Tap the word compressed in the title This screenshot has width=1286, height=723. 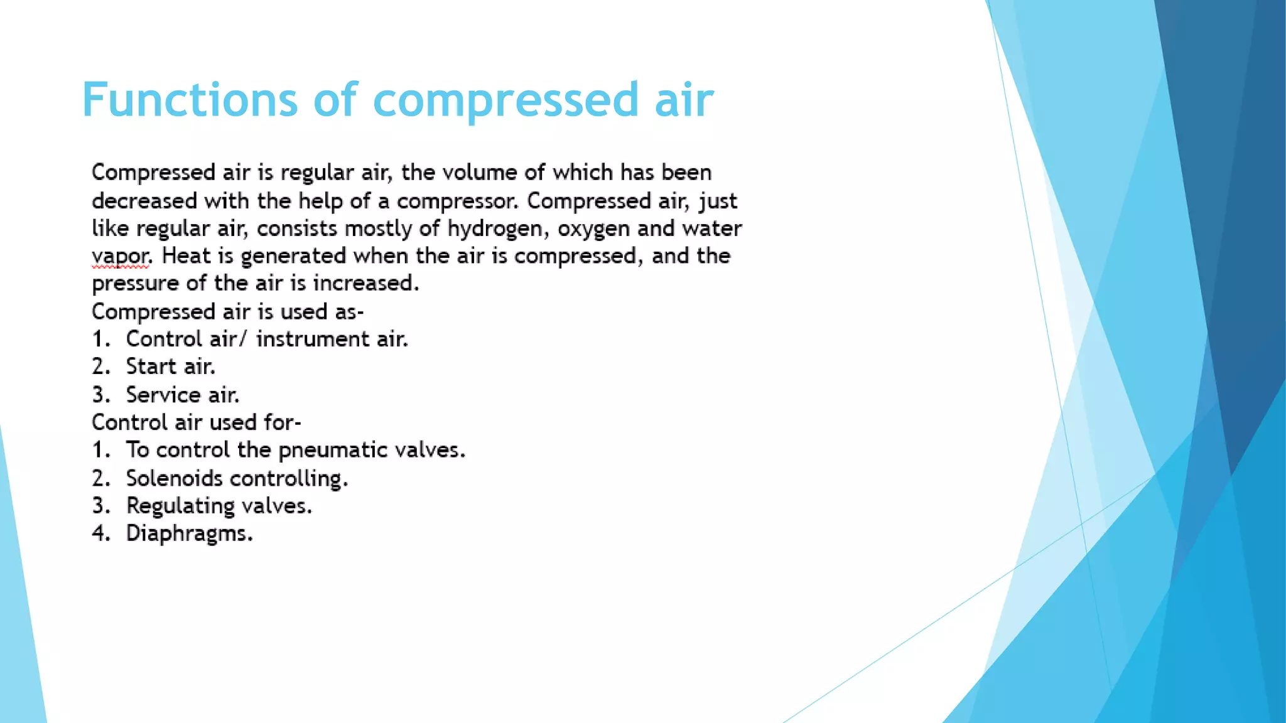click(505, 100)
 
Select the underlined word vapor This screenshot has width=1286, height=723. click(120, 257)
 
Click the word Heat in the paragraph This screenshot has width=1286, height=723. click(185, 256)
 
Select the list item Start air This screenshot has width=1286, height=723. click(170, 367)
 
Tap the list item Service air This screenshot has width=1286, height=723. click(182, 395)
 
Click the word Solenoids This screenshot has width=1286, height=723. click(174, 478)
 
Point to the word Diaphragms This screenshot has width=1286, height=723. click(188, 533)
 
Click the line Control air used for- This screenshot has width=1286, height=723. click(197, 422)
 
